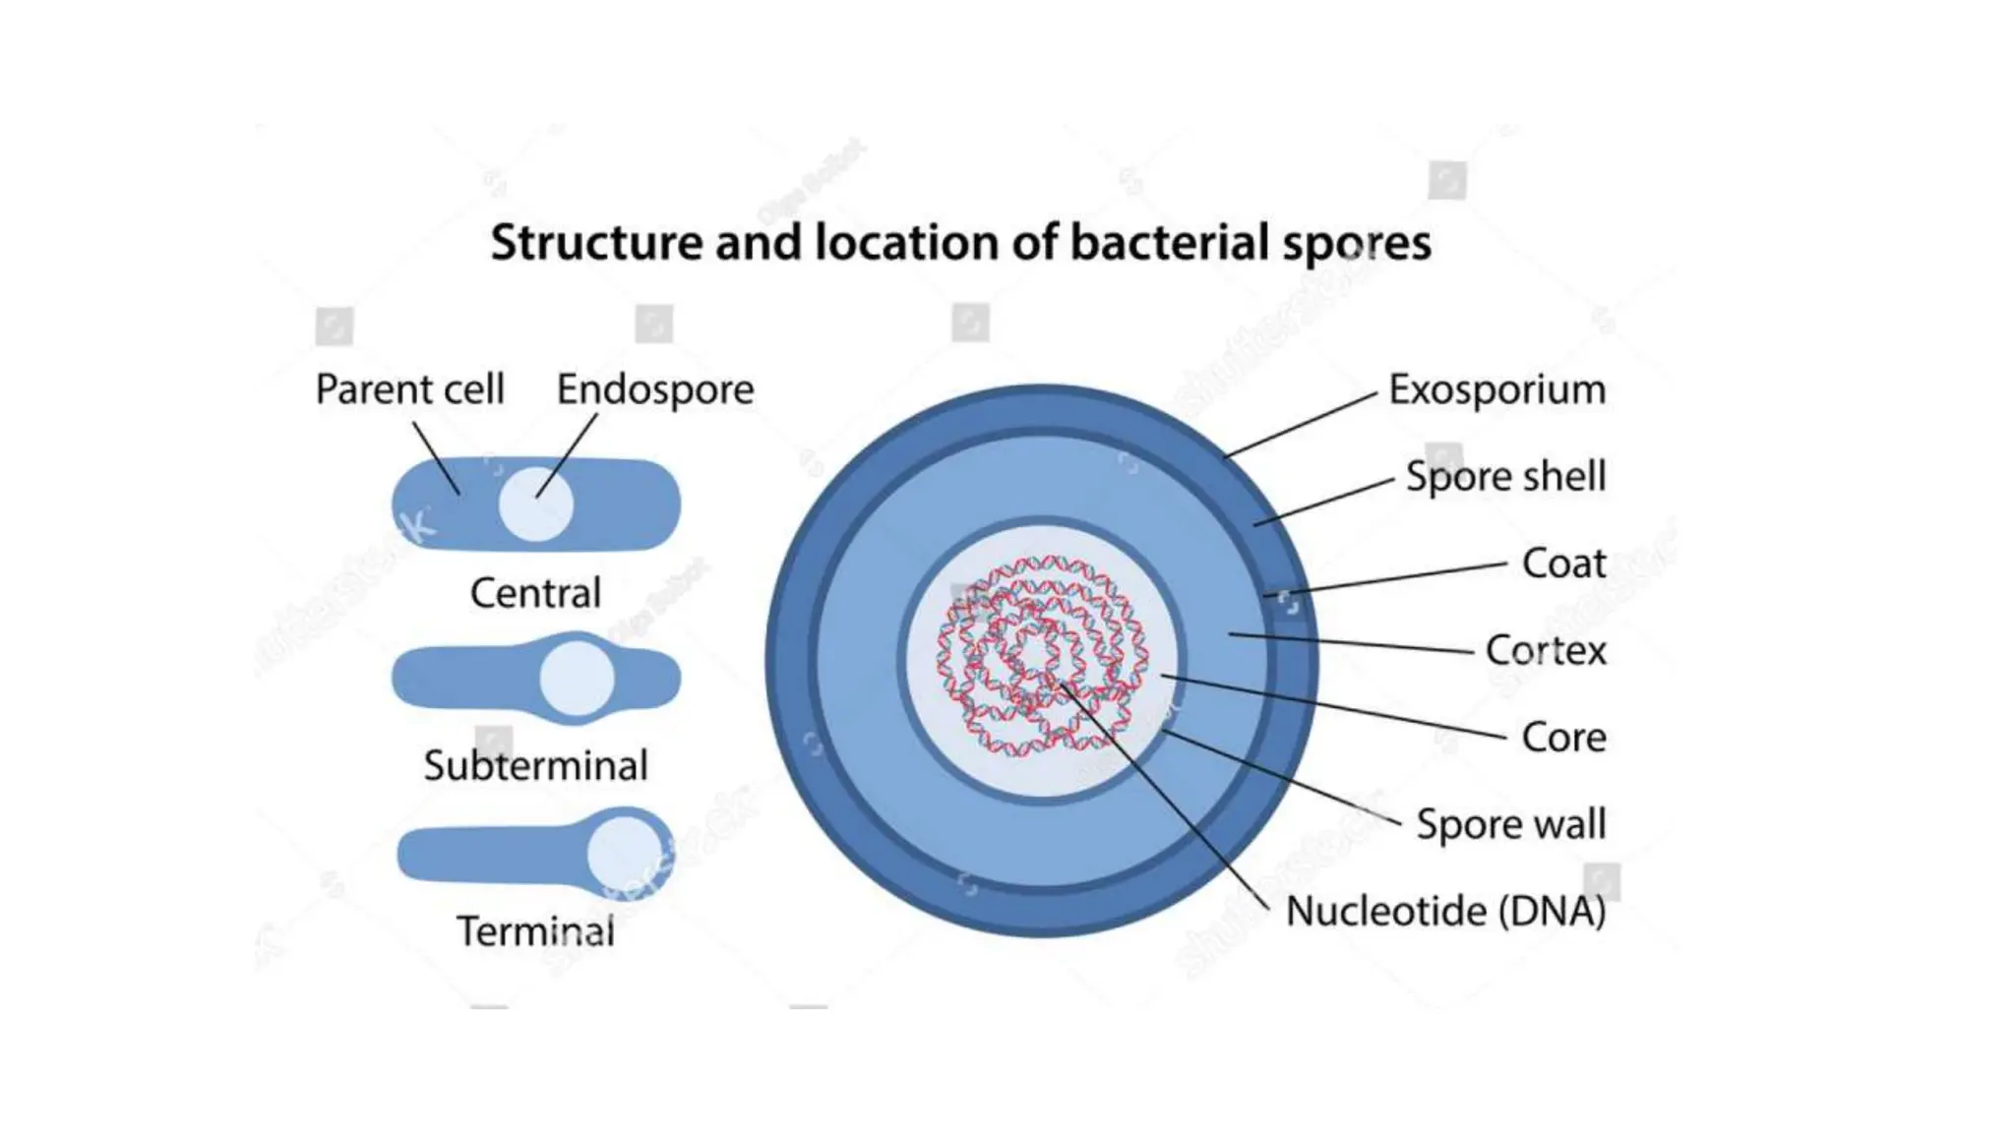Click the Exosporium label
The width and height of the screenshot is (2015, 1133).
1496,389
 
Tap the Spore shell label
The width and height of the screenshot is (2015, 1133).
1504,476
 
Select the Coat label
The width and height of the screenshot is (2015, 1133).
1562,564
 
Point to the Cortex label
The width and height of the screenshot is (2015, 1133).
1545,650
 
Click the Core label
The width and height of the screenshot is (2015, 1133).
1562,737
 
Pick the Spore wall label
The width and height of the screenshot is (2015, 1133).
1510,824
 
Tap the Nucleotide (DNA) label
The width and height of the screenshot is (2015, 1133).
1444,911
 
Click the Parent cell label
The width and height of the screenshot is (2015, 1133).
409,389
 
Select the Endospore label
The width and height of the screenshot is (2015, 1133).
654,389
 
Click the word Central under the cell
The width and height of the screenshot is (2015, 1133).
535,593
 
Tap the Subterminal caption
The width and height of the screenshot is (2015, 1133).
535,765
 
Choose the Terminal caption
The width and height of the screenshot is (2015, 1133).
535,931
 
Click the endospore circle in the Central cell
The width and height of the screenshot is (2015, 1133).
535,505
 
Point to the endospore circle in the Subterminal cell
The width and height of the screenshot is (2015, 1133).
577,679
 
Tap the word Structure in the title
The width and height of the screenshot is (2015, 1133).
595,242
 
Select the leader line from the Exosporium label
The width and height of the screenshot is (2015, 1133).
1301,425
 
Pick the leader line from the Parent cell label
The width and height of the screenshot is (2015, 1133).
436,458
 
